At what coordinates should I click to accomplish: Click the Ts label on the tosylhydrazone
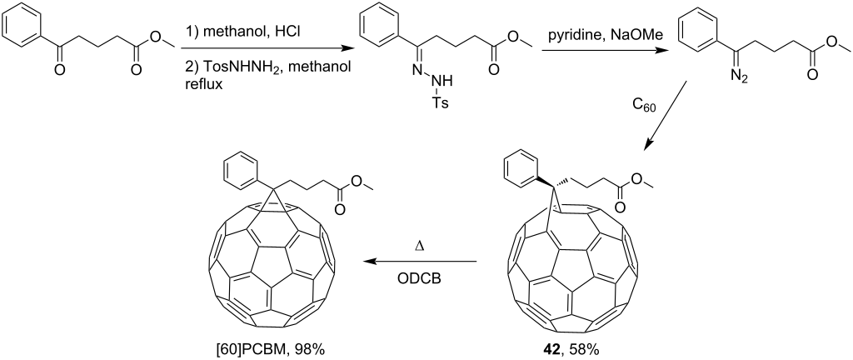point(441,102)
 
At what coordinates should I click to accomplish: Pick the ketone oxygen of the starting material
point(59,69)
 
